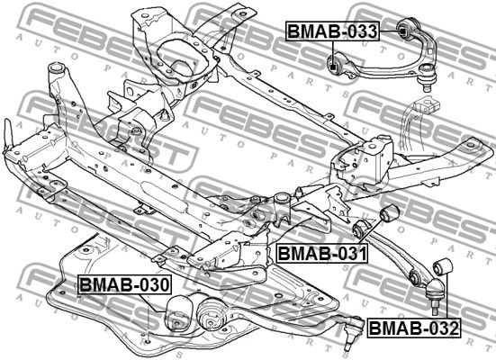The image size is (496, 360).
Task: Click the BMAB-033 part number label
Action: (332, 31)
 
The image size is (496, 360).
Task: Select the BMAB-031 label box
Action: (322, 254)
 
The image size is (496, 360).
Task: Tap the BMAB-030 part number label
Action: (125, 284)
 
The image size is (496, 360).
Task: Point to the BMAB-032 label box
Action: (414, 328)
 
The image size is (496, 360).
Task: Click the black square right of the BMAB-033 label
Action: (401, 31)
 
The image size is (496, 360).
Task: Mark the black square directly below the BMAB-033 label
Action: (332, 67)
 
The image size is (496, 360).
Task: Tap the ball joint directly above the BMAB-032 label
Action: (436, 293)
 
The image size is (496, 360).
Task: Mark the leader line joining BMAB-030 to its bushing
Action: (152, 303)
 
